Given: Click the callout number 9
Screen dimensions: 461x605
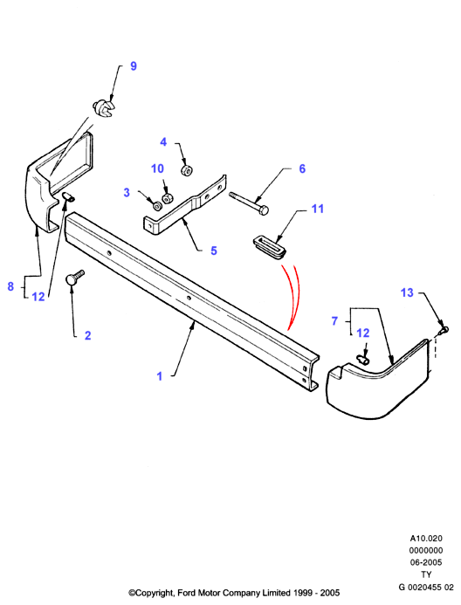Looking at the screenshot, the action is point(134,66).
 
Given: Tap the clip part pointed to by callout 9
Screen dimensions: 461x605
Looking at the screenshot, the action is point(104,109).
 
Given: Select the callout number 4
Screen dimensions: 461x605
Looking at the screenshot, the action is point(163,142).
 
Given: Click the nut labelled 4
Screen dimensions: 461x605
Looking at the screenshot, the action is point(187,169).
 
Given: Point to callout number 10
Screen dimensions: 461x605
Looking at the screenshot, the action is point(157,168).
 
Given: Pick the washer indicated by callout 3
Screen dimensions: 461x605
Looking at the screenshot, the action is point(157,206).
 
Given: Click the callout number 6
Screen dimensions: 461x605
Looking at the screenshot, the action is point(302,168).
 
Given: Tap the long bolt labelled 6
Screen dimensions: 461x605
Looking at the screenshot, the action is point(249,203).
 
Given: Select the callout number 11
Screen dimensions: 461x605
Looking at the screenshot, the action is point(318,209).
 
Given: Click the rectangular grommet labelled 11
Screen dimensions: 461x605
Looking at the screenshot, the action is point(270,247).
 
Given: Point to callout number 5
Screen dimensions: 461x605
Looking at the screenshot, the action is point(214,251).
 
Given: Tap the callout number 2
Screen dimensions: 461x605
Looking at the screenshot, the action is point(87,335).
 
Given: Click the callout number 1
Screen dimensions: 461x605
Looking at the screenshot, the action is point(159,376).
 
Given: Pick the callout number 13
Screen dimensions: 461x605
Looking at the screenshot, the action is point(407,292).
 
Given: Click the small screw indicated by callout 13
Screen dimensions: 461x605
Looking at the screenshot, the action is point(444,330).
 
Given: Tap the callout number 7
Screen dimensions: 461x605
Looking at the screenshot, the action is point(334,321).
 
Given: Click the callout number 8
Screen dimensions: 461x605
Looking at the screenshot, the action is point(10,286).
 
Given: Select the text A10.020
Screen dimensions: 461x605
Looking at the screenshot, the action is point(426,539).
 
